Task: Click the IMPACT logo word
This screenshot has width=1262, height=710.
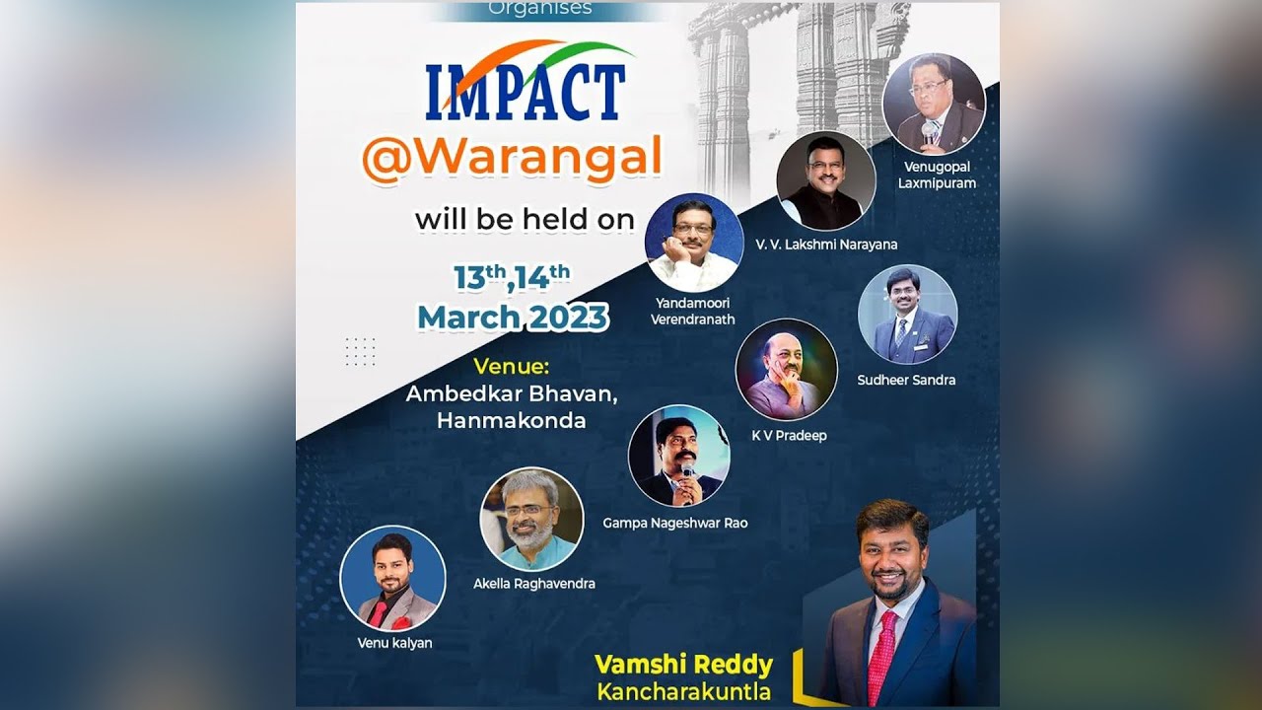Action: click(526, 92)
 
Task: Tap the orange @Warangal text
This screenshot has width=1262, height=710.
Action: click(511, 159)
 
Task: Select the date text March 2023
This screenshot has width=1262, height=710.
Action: click(513, 318)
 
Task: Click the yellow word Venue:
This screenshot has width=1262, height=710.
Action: click(511, 367)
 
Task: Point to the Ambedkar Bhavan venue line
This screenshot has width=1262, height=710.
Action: click(512, 394)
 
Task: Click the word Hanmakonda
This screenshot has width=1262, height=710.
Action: click(511, 421)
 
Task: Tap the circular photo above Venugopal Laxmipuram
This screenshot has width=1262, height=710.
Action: click(933, 103)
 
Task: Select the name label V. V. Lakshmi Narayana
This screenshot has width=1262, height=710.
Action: click(826, 245)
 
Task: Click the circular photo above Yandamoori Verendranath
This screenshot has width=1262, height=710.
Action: click(694, 243)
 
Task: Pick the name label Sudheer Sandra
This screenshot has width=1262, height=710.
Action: click(906, 380)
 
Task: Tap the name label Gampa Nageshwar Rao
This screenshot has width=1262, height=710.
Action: click(675, 523)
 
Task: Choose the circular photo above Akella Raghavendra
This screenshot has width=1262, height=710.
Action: click(531, 520)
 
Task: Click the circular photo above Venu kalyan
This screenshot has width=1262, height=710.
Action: click(392, 578)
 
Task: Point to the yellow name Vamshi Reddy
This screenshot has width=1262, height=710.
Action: click(683, 665)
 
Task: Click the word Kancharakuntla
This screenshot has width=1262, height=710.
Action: click(683, 691)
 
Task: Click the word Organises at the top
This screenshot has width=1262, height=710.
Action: click(540, 9)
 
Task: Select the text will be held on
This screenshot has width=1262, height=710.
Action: click(525, 219)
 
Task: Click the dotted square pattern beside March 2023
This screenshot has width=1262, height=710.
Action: click(360, 351)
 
